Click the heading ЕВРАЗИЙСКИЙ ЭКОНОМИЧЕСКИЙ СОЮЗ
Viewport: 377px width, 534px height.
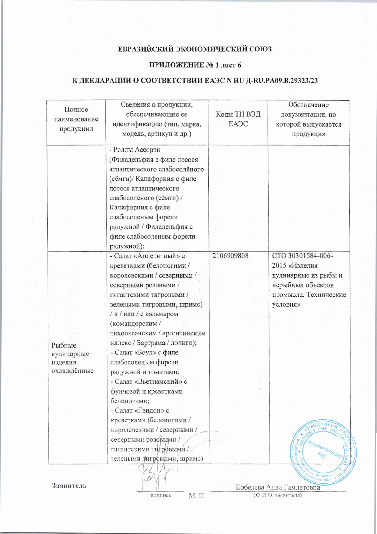point(195,49)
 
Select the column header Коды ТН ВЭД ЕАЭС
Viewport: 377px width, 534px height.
point(238,119)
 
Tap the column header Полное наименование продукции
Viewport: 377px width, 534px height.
point(76,119)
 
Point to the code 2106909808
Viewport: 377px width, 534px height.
point(230,256)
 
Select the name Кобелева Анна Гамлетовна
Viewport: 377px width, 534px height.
point(278,487)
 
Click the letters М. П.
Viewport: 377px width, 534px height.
point(197,496)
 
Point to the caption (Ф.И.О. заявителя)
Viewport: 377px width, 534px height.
point(278,496)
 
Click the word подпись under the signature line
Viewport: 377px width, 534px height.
point(161,495)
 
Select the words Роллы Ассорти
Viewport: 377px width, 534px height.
point(136,150)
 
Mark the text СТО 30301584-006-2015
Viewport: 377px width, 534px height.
point(303,260)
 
